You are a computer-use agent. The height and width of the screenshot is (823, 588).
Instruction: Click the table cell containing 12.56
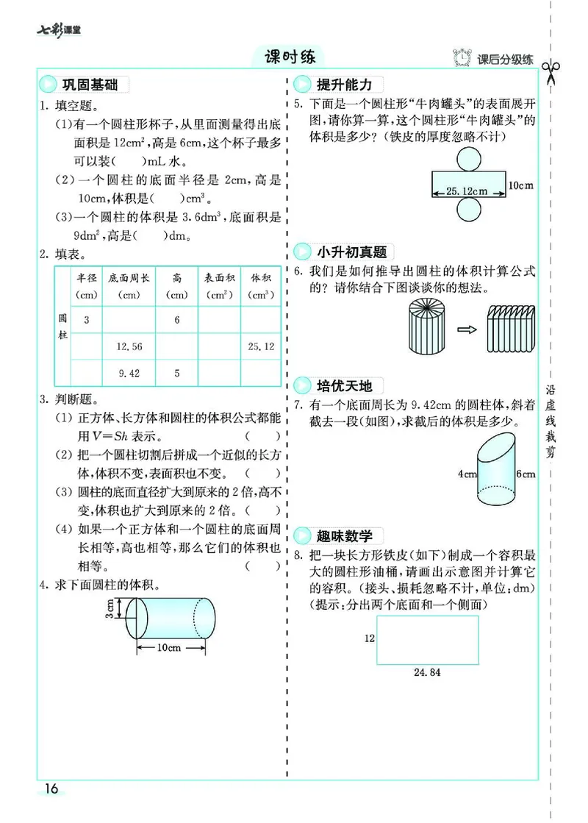pyautogui.click(x=129, y=346)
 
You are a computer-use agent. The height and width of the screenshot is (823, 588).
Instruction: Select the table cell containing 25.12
pyautogui.click(x=261, y=346)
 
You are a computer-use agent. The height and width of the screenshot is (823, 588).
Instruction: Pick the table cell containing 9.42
pyautogui.click(x=129, y=373)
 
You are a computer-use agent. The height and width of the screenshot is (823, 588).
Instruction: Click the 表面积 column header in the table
pyautogui.click(x=219, y=285)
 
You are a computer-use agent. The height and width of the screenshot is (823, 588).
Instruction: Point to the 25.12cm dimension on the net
pyautogui.click(x=467, y=191)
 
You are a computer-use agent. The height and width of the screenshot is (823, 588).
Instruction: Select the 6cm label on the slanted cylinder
pyautogui.click(x=526, y=474)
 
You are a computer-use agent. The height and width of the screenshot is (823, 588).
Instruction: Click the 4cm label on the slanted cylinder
pyautogui.click(x=467, y=474)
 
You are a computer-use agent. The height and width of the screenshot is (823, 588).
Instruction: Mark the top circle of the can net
pyautogui.click(x=467, y=159)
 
